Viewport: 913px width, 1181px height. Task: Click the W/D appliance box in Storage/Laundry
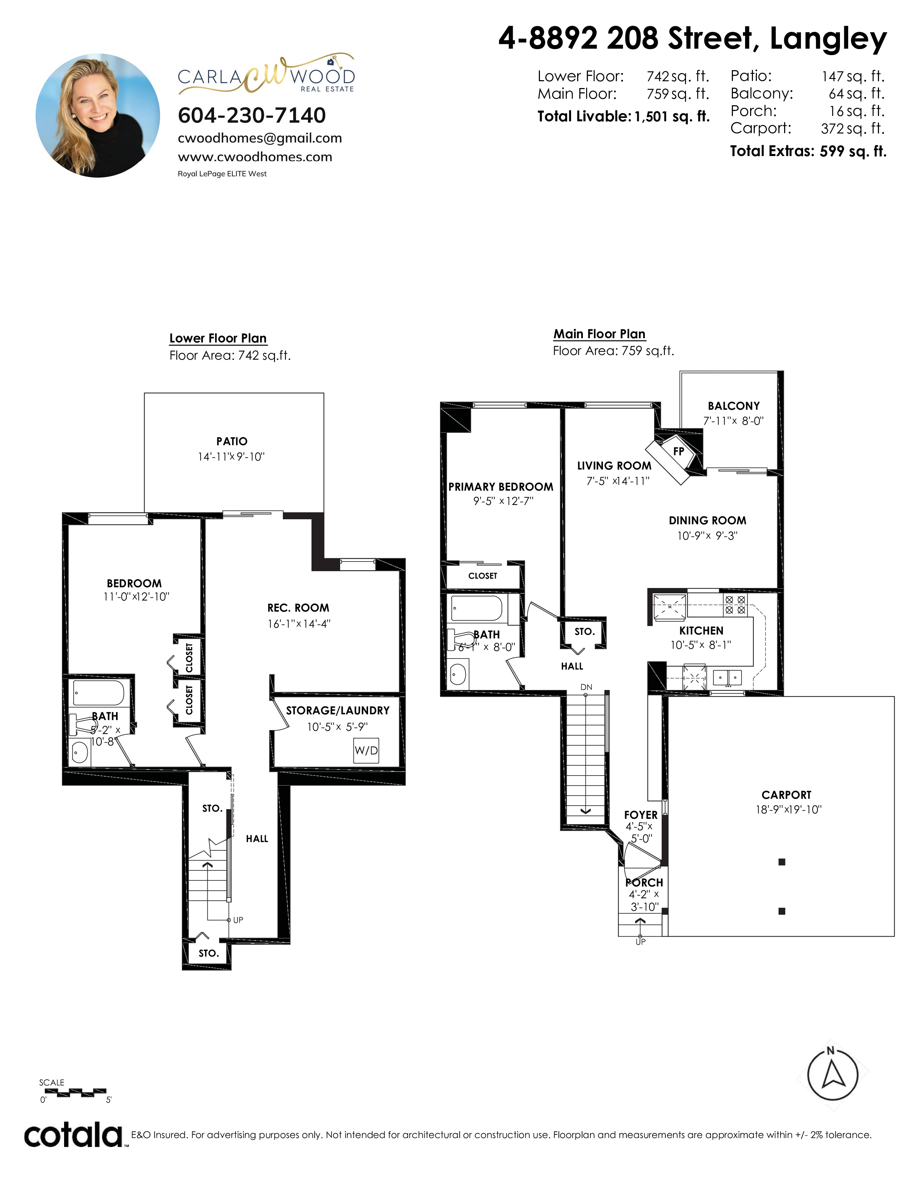click(x=366, y=750)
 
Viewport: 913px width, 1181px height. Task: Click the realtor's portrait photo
click(x=98, y=115)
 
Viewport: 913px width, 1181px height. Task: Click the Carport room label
click(x=787, y=795)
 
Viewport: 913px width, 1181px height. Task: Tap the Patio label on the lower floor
click(x=232, y=441)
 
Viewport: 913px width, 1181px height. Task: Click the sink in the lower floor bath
click(x=80, y=753)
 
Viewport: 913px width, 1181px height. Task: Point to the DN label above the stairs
click(x=586, y=687)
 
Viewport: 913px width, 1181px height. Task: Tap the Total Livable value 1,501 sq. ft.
click(x=672, y=116)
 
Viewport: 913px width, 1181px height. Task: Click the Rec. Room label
click(x=298, y=608)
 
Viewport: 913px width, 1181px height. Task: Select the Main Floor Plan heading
click(x=599, y=334)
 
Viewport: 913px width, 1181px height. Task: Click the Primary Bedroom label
click(x=501, y=487)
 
